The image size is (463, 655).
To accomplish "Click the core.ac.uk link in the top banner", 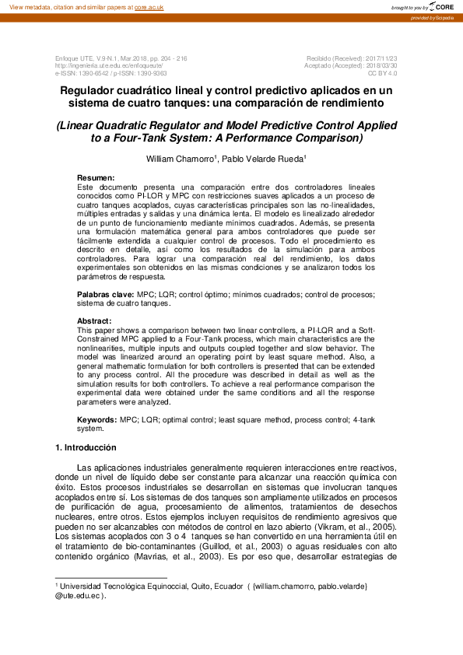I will point(149,6).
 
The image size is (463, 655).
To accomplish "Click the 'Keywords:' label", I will point(97,419).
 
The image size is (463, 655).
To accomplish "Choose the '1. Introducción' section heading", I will point(86,448).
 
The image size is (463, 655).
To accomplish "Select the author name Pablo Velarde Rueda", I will point(266,159).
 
